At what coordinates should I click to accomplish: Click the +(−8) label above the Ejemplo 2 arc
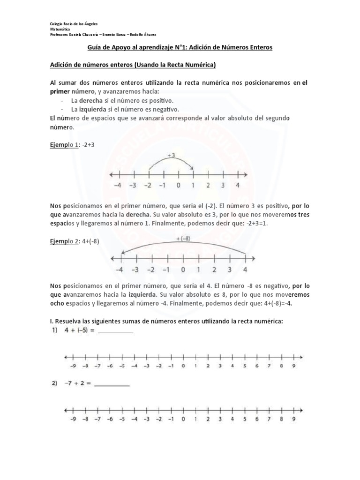pos(183,240)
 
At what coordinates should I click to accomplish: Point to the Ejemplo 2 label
pos(64,241)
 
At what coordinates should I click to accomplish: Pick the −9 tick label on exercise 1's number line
pos(73,366)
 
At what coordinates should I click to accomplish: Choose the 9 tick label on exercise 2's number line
pos(293,419)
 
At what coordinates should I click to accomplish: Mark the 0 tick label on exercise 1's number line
pos(183,366)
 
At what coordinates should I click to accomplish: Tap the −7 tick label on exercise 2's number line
pos(97,419)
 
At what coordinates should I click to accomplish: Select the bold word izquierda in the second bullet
pos(91,109)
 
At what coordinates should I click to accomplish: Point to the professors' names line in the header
pos(106,34)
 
